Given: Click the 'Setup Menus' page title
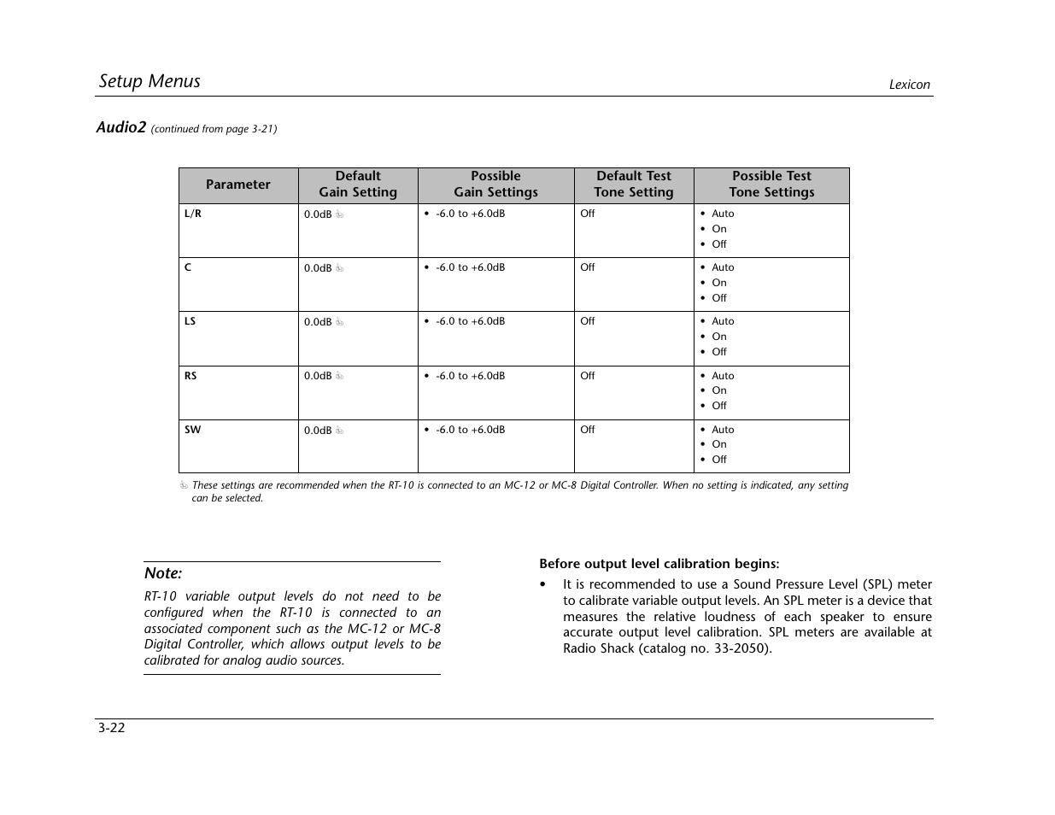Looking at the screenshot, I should coord(149,81).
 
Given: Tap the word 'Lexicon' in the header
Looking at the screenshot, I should coord(909,85).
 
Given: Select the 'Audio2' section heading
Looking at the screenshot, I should coord(120,127).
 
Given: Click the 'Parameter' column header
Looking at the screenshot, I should coord(237,185).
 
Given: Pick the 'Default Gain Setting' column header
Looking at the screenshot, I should coord(358,185).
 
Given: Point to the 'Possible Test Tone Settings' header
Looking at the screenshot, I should coord(771,185).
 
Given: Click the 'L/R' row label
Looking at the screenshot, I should coord(193,214).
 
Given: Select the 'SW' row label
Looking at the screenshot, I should coord(193,430).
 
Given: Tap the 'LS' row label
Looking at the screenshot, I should coord(190,321).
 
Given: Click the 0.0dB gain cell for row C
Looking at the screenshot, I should coord(318,268).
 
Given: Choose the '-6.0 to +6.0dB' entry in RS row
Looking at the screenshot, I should coord(470,376).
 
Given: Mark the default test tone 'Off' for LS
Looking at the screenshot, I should coord(588,321).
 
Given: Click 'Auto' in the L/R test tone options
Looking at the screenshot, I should coord(723,214).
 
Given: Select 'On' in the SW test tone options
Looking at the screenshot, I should coord(719,444).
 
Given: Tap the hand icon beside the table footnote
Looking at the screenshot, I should coord(184,486).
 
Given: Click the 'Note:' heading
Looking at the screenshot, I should coord(163,573).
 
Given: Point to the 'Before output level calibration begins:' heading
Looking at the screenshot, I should coord(659,564).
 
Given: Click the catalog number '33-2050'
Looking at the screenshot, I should coord(741,648).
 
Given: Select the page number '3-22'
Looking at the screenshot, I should coord(112,728).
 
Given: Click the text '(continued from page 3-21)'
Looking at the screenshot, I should coord(214,129).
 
